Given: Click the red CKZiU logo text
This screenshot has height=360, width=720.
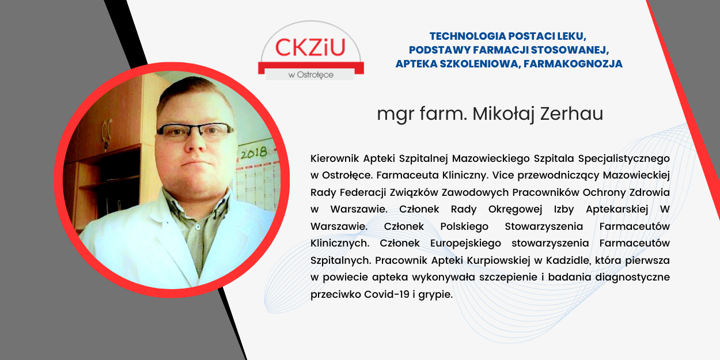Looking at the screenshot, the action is (x=310, y=47).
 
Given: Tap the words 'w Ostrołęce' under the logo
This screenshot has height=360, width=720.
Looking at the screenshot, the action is (x=311, y=75).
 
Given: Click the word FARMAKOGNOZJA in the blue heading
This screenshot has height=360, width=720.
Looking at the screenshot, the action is (x=573, y=63).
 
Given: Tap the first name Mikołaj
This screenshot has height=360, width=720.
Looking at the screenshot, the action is (x=503, y=115).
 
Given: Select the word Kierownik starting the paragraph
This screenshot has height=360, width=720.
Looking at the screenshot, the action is (x=335, y=158).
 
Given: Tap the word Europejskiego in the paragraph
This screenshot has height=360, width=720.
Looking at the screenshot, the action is (x=465, y=244).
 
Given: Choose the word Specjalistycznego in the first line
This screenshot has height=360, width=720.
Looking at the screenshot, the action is (x=624, y=159).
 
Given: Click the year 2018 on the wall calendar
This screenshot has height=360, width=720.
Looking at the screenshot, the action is (x=254, y=153).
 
